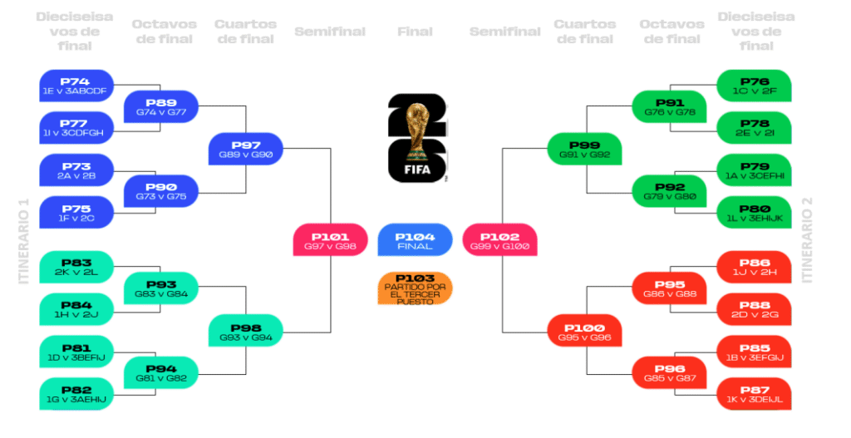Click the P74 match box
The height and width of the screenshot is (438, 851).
(76, 86)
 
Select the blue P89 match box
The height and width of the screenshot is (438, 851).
(160, 106)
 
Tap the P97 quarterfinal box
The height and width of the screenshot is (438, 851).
(246, 149)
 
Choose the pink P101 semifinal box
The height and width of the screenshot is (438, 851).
(330, 239)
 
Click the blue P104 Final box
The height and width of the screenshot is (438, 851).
(414, 239)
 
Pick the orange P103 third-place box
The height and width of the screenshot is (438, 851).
(414, 288)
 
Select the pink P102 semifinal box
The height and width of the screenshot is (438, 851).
(499, 239)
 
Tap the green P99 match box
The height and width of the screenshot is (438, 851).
(584, 149)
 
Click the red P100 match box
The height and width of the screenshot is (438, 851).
(584, 332)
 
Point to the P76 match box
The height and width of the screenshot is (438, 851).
(754, 86)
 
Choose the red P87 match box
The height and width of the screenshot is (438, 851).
(754, 394)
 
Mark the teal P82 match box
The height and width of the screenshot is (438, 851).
(76, 394)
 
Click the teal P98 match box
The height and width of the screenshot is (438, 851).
(246, 332)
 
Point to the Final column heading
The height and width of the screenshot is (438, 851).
(414, 32)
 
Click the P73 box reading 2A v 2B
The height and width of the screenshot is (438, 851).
(76, 170)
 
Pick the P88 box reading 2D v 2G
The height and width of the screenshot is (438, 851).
(754, 309)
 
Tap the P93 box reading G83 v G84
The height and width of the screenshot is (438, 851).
(160, 288)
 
